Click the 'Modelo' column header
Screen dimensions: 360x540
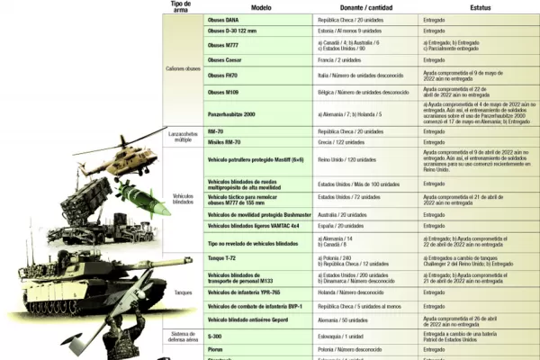point(261,6)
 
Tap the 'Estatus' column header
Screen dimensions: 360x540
point(478,6)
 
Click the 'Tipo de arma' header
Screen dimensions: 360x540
point(181,6)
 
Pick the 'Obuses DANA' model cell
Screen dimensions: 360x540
point(223,18)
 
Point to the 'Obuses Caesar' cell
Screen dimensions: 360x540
point(225,59)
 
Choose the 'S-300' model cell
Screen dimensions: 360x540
point(215,335)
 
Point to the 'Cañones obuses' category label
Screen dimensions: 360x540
point(183,68)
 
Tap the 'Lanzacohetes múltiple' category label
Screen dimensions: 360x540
point(183,137)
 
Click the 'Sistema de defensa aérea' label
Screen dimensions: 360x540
point(183,338)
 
